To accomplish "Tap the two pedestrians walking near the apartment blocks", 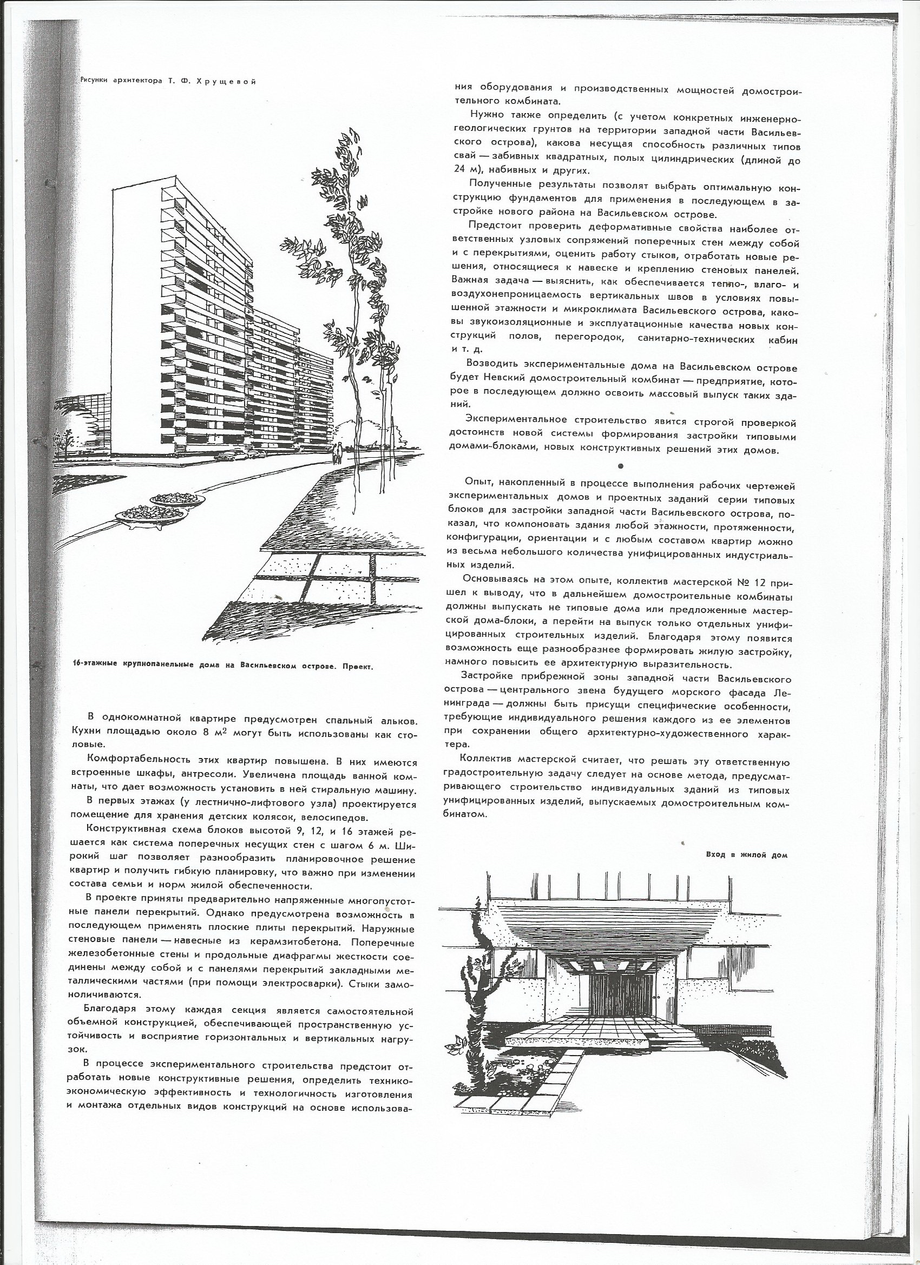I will tap(337, 453).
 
